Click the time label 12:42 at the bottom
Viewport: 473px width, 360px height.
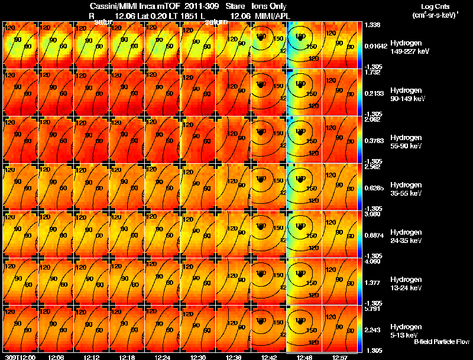[269, 356]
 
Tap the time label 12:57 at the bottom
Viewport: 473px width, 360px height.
[340, 356]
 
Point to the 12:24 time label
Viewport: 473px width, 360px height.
[161, 356]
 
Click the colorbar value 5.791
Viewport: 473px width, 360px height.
[374, 309]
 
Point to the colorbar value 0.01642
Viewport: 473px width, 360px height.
[376, 45]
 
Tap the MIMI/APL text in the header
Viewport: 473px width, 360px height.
[269, 15]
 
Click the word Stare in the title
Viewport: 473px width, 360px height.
[235, 5]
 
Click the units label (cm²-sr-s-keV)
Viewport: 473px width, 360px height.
[433, 14]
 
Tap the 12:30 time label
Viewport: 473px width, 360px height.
[197, 356]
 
